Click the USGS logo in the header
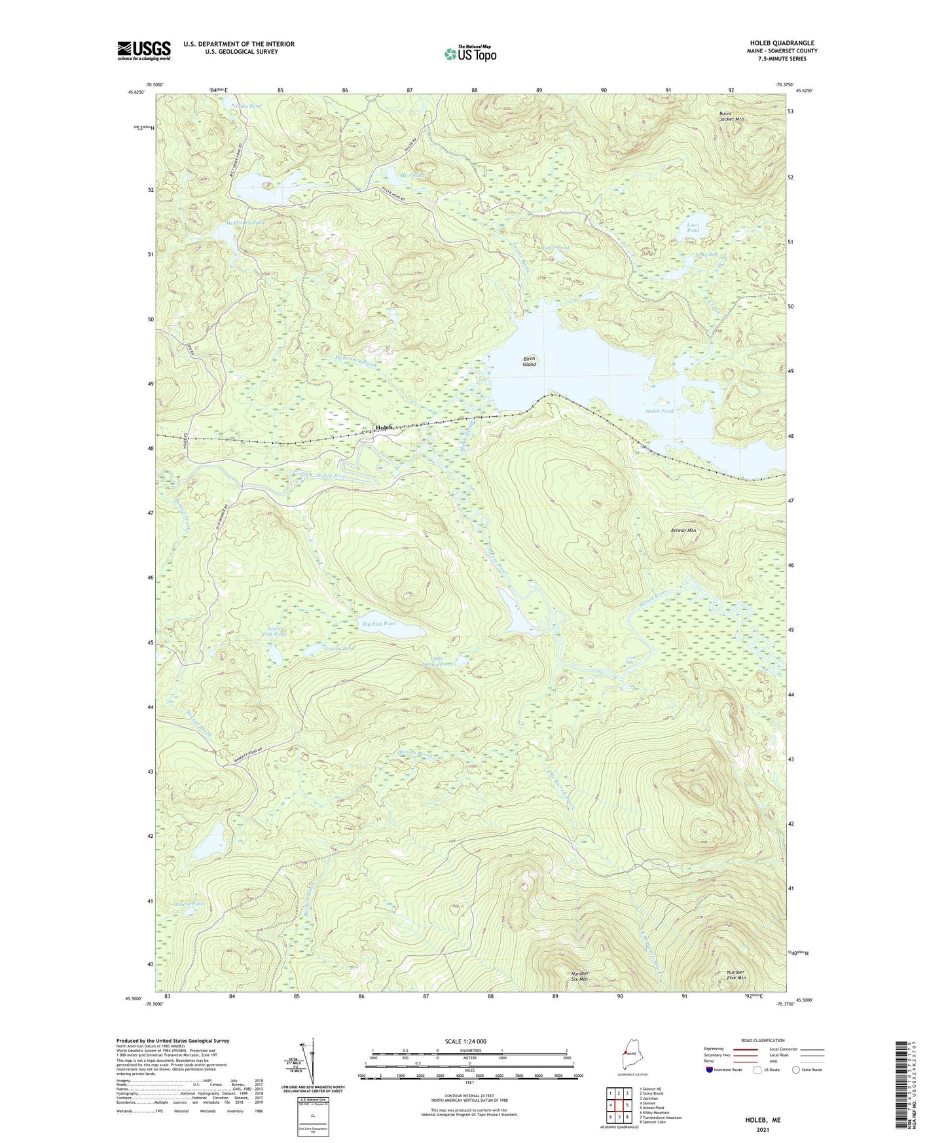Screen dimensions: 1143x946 [144, 50]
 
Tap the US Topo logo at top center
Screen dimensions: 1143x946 [469, 54]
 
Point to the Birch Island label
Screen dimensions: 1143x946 [529, 361]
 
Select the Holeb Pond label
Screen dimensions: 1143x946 [659, 411]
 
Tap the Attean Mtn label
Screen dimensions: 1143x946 [683, 530]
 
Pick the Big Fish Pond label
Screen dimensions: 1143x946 [379, 624]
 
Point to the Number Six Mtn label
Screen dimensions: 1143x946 [579, 976]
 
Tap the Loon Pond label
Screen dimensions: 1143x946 [693, 228]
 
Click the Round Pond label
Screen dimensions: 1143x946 [189, 904]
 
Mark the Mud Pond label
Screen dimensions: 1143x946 [413, 175]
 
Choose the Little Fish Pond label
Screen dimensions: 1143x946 [274, 632]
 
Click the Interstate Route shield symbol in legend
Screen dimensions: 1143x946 [710, 1070]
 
